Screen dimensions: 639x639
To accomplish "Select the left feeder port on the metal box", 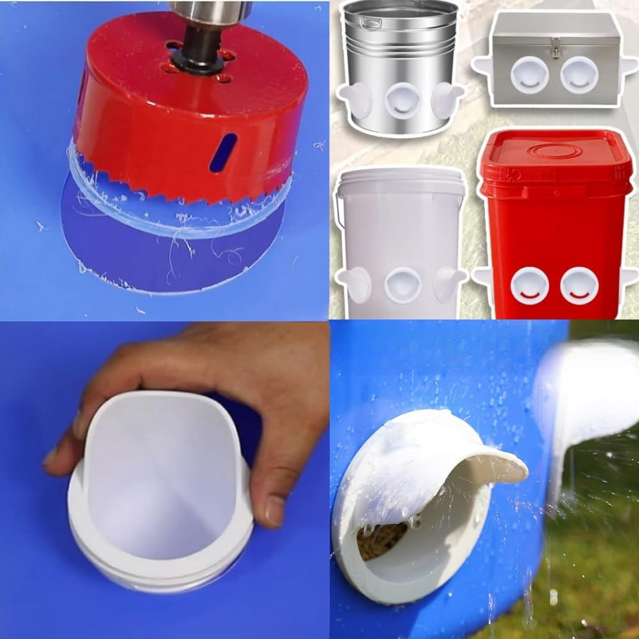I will click(529, 73).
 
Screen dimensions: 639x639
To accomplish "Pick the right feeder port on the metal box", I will click(580, 73).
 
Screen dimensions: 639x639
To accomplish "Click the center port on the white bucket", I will click(403, 284).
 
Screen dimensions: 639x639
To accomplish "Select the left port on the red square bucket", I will click(529, 285).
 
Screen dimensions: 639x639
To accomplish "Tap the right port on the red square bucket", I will click(579, 285).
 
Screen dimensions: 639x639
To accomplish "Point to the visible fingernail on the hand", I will click(275, 511).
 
